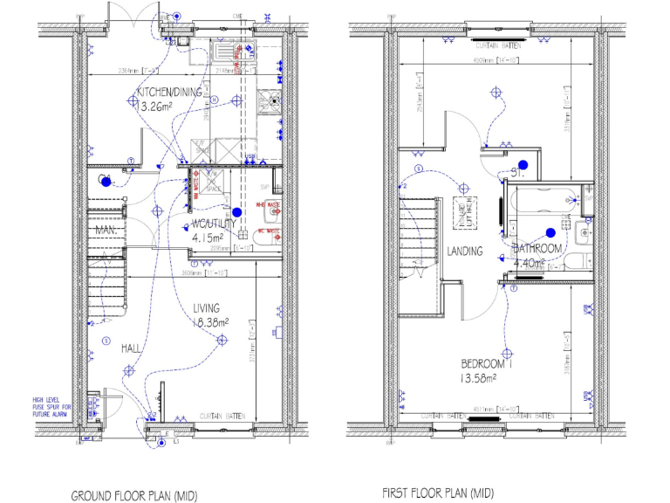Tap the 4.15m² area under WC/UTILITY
(208, 237)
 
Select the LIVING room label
(207, 307)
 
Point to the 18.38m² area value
(210, 321)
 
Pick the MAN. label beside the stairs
(106, 230)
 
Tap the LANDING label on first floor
(465, 251)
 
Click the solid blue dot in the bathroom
(550, 232)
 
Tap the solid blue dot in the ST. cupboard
(523, 164)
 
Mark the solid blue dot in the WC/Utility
(236, 211)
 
